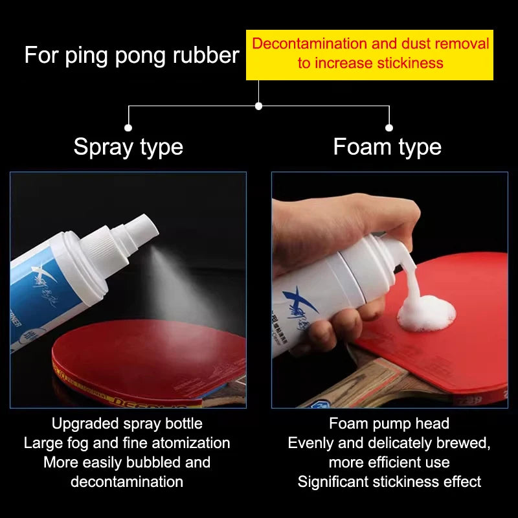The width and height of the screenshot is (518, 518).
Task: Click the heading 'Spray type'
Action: [128, 147]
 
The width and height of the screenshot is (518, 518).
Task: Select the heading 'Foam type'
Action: [387, 147]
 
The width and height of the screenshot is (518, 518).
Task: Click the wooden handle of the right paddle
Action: [363, 385]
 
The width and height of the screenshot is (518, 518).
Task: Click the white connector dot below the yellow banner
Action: [258, 106]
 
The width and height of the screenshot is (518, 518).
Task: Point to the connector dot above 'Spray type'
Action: [128, 128]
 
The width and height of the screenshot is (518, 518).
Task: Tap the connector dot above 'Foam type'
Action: [389, 128]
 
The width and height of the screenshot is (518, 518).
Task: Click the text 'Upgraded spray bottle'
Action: [127, 423]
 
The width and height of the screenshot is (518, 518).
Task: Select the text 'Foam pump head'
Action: [388, 423]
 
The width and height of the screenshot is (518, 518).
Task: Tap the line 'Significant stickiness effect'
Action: [388, 482]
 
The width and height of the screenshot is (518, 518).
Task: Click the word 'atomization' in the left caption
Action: [191, 443]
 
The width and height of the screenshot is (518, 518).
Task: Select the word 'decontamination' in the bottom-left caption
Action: [127, 482]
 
